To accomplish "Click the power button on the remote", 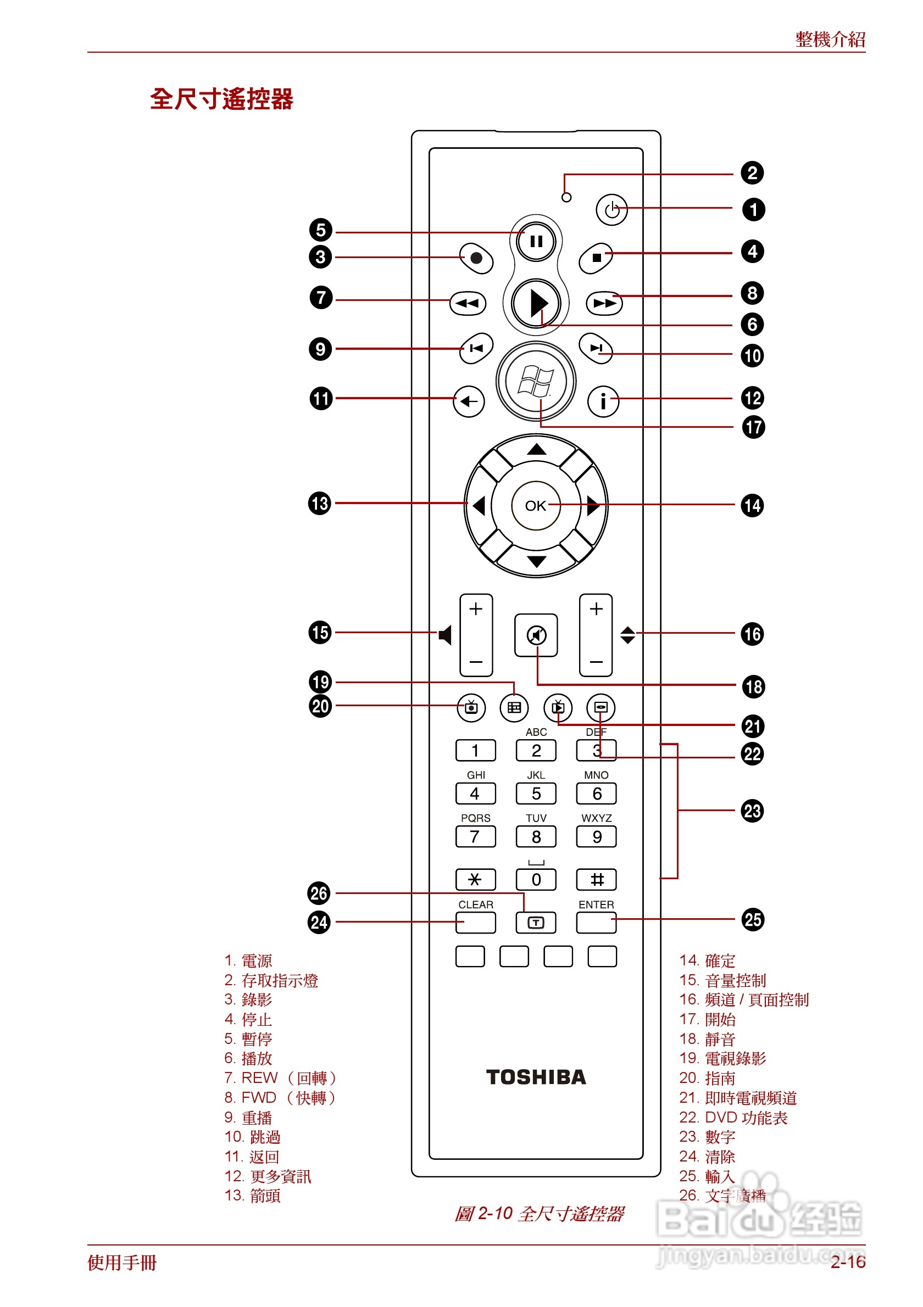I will coord(611,209).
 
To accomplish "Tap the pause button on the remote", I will coord(535,242).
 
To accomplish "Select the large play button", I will coord(536,303).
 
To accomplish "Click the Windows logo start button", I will coord(535,381).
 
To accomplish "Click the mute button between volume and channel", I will coord(535,635).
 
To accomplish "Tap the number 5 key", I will coord(535,794).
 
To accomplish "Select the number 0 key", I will coord(535,880).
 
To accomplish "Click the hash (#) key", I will coord(596,880).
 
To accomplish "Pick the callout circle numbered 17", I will coord(753,427).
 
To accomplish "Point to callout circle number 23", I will coord(752,811).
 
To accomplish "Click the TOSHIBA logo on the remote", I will coord(535,1077).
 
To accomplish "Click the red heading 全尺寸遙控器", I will coord(221,99).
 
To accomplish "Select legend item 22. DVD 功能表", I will coord(733,1118).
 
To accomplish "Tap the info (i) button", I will coord(603,401).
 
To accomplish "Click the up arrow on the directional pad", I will coord(536,450).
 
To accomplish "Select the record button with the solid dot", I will coord(476,259).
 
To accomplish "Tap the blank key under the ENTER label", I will coord(596,923).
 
